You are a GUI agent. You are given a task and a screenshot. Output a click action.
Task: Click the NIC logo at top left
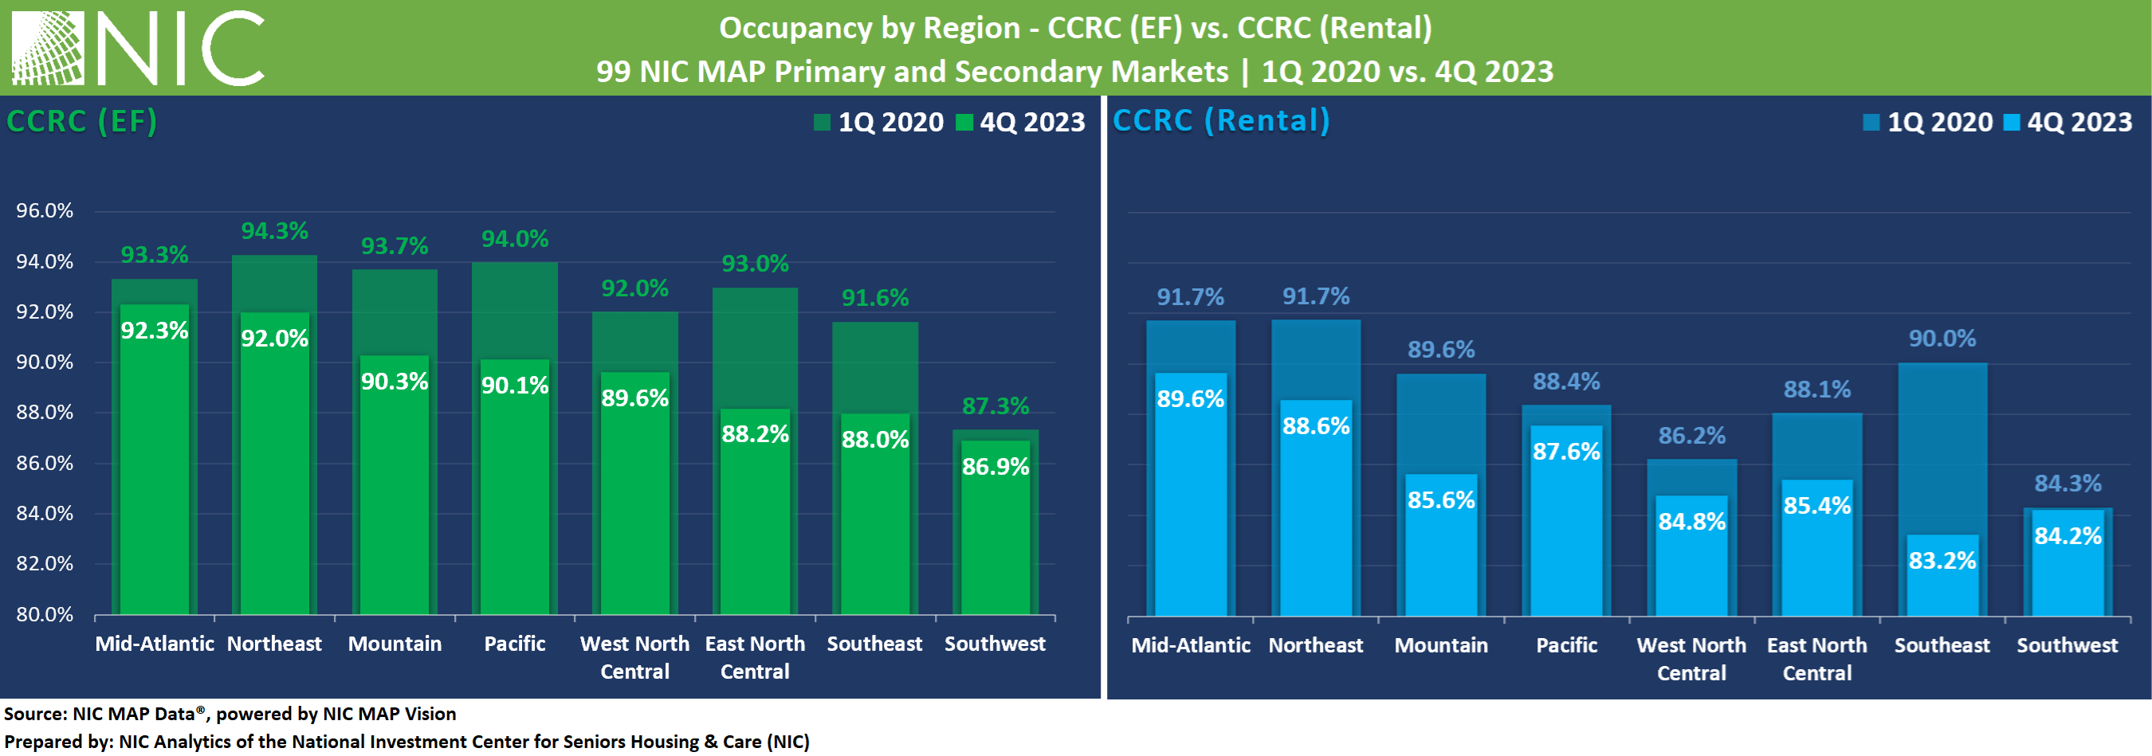tap(138, 48)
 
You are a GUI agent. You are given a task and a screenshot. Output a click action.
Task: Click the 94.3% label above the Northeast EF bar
tap(275, 230)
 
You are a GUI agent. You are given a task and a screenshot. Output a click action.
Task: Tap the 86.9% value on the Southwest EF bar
tap(995, 466)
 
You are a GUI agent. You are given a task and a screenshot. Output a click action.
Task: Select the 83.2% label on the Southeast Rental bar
tap(1942, 560)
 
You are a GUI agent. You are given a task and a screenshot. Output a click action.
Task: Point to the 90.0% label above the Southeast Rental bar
tap(1942, 339)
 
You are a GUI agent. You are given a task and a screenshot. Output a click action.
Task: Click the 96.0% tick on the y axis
tap(45, 210)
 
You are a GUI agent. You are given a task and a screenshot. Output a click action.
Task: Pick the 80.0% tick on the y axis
tap(45, 615)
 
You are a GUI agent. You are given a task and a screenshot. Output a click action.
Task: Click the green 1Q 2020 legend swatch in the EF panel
tap(822, 123)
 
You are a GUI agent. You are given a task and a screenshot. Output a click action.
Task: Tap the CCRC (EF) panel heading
tap(82, 121)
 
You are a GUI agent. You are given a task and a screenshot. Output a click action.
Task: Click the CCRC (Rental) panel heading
tap(1220, 120)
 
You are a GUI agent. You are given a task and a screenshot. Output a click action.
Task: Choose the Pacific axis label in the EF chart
tap(515, 643)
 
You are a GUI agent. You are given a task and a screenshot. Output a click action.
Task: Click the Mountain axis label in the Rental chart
tap(1441, 645)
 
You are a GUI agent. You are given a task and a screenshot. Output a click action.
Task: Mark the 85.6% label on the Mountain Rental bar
tap(1441, 499)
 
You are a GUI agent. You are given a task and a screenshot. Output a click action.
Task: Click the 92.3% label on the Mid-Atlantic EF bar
tap(155, 330)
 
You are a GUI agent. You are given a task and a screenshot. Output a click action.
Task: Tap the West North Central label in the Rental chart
tap(1691, 658)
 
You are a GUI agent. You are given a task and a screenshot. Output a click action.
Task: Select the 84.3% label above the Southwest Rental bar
tap(2067, 483)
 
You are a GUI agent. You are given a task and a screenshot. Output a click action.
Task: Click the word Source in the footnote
tap(35, 714)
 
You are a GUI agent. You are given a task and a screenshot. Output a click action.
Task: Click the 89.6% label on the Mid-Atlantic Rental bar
tap(1190, 398)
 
